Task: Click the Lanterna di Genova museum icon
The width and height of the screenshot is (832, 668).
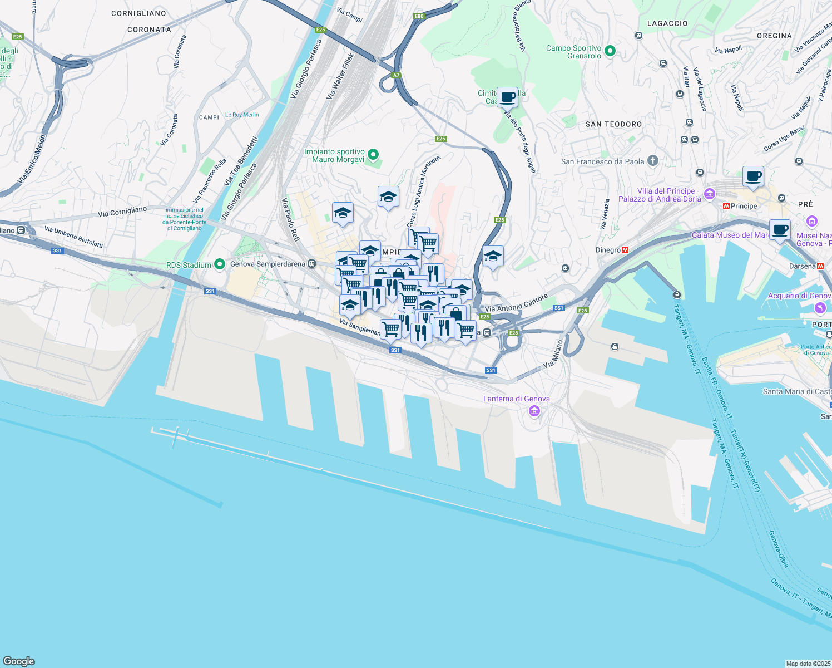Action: click(534, 411)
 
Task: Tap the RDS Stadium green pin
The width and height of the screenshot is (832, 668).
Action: click(220, 264)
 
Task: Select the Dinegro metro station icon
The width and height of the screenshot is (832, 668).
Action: click(625, 250)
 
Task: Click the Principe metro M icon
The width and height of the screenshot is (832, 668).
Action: click(726, 206)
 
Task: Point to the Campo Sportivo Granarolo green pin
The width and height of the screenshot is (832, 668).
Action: click(610, 51)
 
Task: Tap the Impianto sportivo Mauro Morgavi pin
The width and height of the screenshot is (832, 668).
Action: click(374, 155)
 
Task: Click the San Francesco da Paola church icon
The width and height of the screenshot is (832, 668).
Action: click(653, 161)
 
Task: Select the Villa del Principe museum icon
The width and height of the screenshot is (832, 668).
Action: click(709, 194)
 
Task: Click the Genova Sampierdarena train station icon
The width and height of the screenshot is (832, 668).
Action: click(313, 264)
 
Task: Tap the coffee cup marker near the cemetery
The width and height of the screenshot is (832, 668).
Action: click(507, 97)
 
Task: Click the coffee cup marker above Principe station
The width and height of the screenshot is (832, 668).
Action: click(754, 176)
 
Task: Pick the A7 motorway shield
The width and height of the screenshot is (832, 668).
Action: click(396, 75)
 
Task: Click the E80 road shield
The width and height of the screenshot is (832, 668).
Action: click(419, 16)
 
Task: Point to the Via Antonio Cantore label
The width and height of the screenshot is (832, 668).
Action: click(517, 303)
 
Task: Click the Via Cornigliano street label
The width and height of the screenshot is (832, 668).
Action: click(122, 212)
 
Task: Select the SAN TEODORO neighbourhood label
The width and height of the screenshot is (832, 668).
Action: click(613, 124)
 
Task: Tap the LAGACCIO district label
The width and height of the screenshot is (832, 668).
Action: click(667, 23)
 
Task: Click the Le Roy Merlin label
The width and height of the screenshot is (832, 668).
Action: click(242, 115)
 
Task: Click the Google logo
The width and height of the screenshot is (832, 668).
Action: click(19, 661)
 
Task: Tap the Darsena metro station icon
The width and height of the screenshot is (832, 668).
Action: click(820, 266)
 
